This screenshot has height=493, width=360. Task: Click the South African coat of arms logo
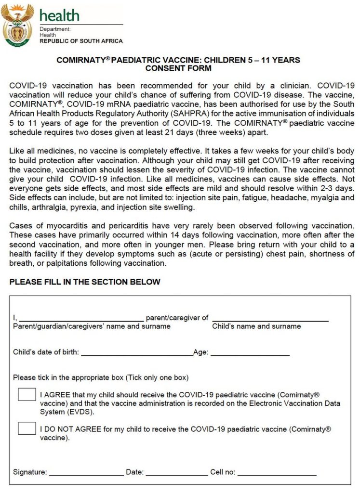click(17, 25)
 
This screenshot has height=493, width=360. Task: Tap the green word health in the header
click(59, 15)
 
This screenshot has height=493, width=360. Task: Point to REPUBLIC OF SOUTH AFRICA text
click(81, 41)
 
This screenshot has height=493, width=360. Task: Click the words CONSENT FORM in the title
click(178, 68)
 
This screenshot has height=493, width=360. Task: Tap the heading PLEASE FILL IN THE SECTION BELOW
click(85, 282)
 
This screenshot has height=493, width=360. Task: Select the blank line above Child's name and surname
click(270, 320)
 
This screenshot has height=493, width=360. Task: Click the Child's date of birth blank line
click(137, 355)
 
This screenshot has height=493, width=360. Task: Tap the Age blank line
click(250, 355)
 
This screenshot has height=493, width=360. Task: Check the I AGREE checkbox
click(27, 394)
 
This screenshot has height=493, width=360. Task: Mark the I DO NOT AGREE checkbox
click(27, 428)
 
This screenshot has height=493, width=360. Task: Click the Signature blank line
click(86, 475)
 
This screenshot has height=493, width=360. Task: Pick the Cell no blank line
click(277, 475)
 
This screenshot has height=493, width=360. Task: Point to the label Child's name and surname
click(256, 326)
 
